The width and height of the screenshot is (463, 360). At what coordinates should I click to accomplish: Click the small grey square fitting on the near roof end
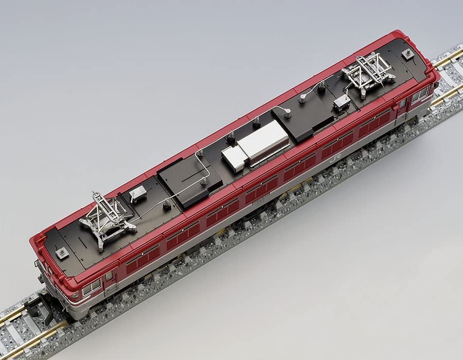click(x=62, y=253)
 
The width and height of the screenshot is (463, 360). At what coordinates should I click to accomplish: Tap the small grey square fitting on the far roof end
click(x=408, y=53)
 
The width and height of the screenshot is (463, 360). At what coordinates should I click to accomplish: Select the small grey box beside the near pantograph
click(x=138, y=194)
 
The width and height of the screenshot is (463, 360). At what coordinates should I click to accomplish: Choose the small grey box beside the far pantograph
click(x=342, y=103)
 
